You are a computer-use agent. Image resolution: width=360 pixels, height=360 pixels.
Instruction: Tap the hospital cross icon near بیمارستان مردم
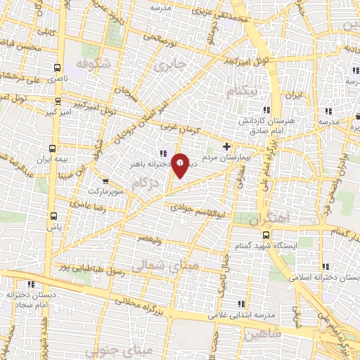226,146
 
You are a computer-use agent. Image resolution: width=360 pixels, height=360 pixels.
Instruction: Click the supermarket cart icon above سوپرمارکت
105,180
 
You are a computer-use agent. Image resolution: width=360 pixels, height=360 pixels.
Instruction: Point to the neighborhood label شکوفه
94,63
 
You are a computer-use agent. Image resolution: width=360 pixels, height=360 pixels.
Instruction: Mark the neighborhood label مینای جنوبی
109,349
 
